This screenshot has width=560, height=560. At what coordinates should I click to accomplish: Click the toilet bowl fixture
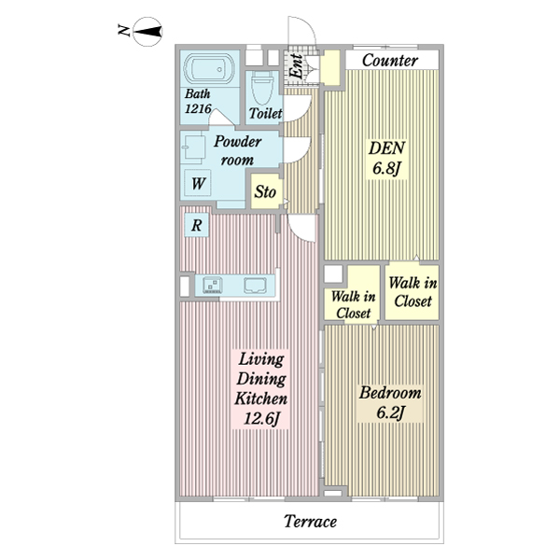tap(262, 91)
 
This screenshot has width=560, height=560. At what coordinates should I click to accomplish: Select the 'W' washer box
tap(198, 184)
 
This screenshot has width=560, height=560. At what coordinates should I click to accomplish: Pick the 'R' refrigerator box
tap(198, 225)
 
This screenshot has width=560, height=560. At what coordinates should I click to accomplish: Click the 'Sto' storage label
tap(266, 193)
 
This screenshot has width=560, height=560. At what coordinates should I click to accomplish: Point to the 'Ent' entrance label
tap(298, 67)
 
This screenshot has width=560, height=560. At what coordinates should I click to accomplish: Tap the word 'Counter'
tap(388, 61)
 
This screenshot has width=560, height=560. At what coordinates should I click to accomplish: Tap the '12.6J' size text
tap(261, 420)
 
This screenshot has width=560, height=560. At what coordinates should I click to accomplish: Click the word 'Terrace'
tap(310, 522)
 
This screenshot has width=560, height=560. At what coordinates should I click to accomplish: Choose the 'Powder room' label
tap(235, 151)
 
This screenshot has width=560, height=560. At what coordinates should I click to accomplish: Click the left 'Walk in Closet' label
tap(352, 304)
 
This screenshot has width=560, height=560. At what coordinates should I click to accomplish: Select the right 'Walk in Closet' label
tap(412, 292)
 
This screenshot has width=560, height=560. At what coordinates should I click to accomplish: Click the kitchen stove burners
tap(210, 286)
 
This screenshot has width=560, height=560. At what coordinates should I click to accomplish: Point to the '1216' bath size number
tap(198, 109)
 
